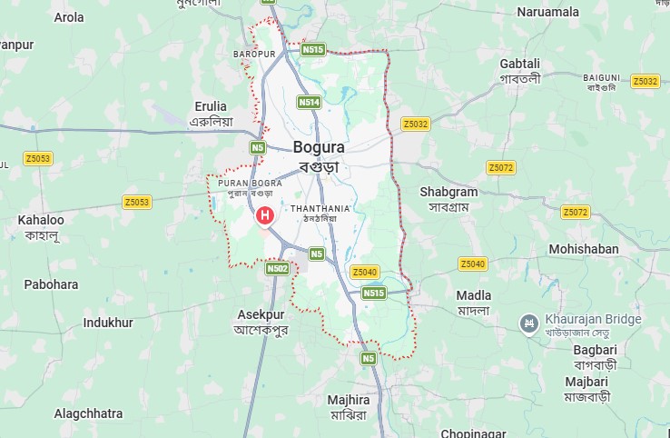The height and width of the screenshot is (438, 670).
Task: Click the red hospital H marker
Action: tap(264, 215)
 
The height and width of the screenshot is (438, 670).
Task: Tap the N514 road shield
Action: tap(309, 103)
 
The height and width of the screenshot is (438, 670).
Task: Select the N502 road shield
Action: tap(278, 268)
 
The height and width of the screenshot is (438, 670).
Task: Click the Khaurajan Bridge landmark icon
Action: tap(527, 323)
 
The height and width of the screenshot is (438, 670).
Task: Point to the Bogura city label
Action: tap(319, 147)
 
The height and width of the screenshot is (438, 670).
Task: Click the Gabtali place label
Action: tap(519, 63)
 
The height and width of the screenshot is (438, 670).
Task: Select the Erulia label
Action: tap(211, 106)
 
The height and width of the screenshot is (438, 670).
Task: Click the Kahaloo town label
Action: tap(41, 220)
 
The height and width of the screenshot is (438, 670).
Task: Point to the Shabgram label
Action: tap(448, 192)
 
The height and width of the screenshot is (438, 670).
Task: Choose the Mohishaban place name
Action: tap(583, 249)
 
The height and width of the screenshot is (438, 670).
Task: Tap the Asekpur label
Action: tap(261, 314)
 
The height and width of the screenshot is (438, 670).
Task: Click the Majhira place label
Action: tap(348, 400)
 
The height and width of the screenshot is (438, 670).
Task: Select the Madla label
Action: tap(474, 295)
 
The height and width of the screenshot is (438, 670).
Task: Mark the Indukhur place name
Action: tap(108, 323)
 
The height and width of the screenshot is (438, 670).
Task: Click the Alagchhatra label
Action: tap(88, 413)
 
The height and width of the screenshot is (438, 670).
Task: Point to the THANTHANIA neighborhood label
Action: tap(320, 209)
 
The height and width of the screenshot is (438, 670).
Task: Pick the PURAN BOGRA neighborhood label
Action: tap(250, 184)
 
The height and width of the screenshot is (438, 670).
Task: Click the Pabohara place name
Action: tap(51, 284)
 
